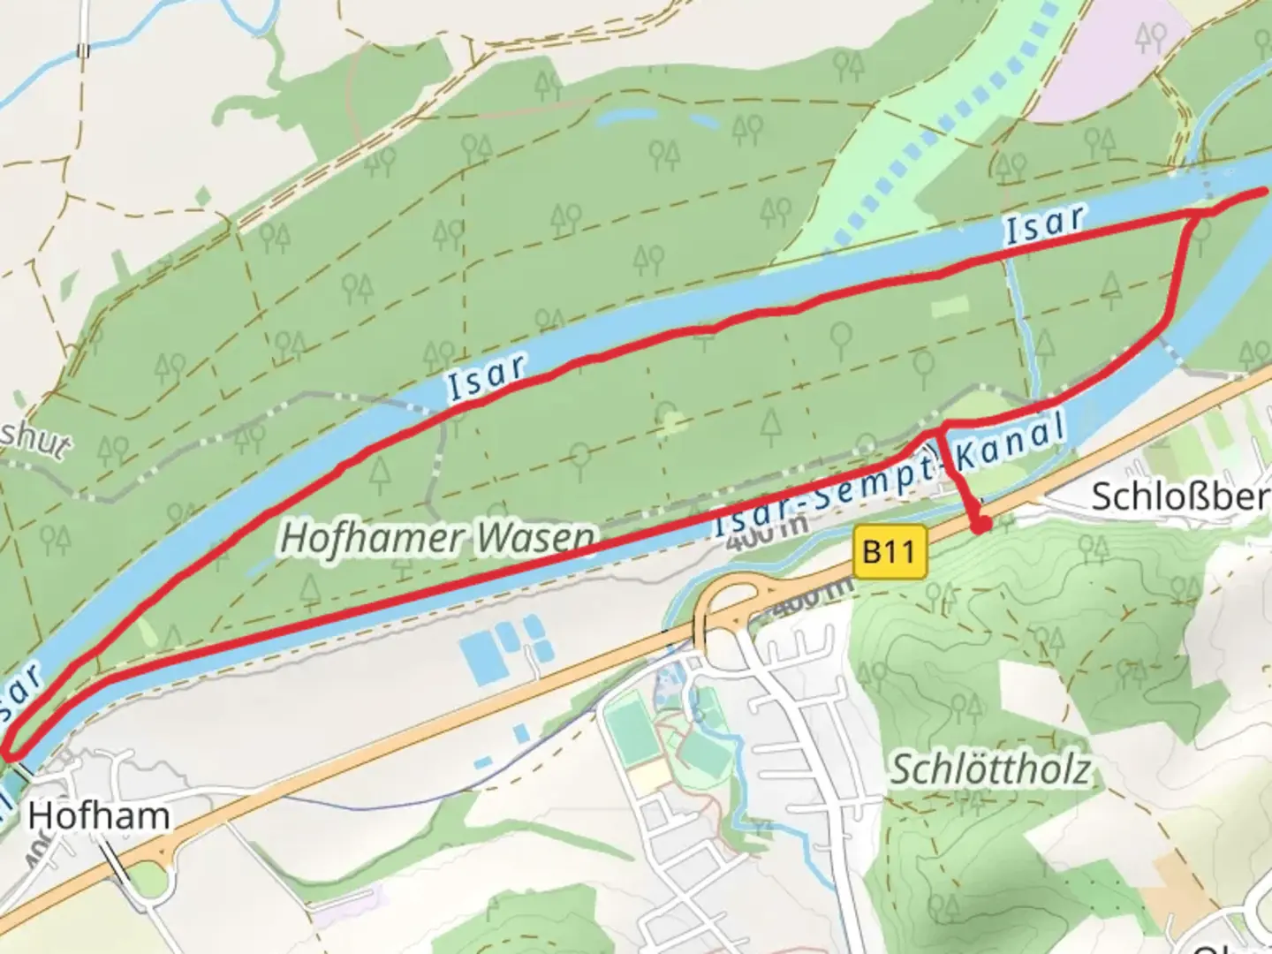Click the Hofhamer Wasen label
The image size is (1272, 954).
point(437,537)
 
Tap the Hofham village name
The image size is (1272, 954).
point(98,814)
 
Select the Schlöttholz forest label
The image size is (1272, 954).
point(989,769)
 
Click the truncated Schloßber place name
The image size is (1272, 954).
point(1180,496)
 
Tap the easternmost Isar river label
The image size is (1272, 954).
point(1043,223)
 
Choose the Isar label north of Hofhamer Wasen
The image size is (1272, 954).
point(487,378)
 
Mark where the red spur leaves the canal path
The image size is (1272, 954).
point(943,429)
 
